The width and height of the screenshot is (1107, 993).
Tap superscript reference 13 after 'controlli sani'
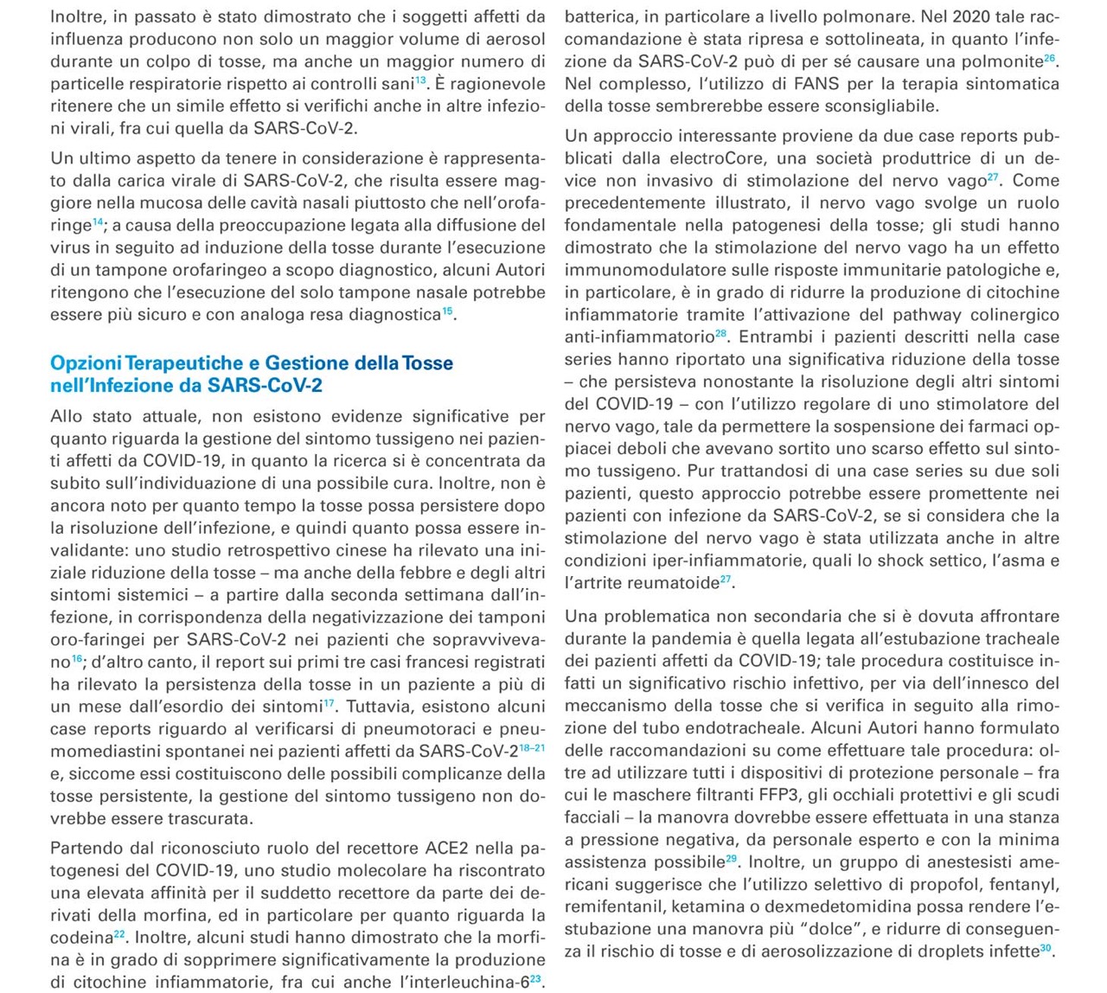(420, 80)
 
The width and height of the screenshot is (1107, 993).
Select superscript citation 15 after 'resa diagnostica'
(448, 311)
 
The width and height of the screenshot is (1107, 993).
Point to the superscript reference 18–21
(532, 747)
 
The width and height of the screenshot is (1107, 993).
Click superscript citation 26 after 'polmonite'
(1049, 58)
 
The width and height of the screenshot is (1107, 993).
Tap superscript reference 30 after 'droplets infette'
(1046, 948)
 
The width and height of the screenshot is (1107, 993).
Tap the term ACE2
(445, 848)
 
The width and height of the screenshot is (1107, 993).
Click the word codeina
(80, 938)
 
